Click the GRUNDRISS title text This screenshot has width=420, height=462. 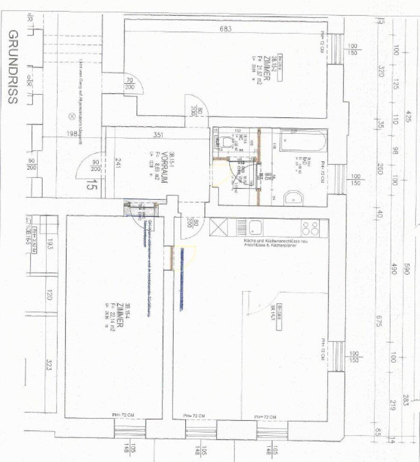tap(13, 67)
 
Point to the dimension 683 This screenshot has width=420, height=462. tap(225, 30)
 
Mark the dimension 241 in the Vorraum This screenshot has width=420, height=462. tap(118, 165)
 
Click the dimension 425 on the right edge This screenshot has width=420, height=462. tap(408, 116)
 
